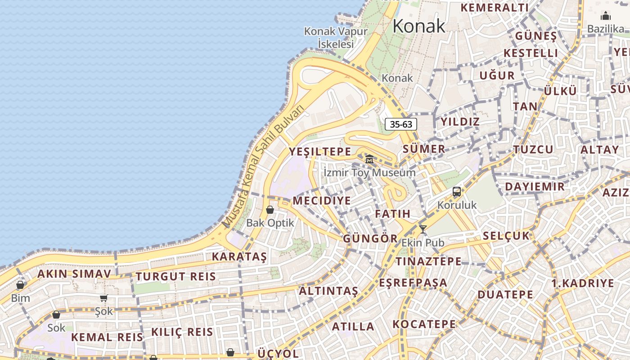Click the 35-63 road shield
(400, 124)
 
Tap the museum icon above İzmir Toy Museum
(369, 159)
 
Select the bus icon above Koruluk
(456, 192)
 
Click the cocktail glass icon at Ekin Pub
(423, 229)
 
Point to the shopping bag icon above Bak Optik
(270, 210)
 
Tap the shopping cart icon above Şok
(104, 298)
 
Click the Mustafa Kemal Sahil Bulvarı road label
(264, 167)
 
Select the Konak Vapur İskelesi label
(336, 37)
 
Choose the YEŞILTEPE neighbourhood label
(319, 152)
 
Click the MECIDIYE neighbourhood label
(321, 201)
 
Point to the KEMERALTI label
(495, 8)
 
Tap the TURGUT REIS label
(176, 277)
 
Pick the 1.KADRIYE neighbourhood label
(582, 283)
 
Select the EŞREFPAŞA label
(413, 283)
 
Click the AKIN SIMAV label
(74, 274)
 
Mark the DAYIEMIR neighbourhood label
(535, 187)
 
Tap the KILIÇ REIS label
(182, 332)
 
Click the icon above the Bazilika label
(606, 16)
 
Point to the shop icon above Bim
(20, 285)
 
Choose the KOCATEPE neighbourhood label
(424, 324)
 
